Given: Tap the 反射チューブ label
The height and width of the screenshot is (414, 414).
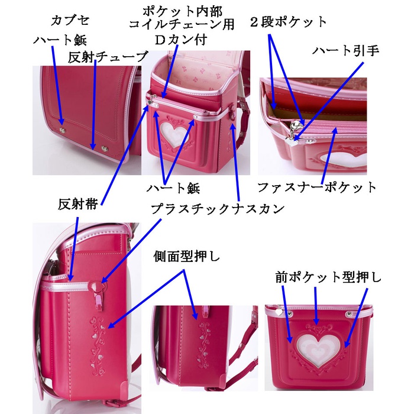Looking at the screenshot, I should click(107, 57).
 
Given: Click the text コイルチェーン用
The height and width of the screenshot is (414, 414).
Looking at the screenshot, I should click(182, 25).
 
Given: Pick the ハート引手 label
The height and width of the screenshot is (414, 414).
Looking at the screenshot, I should click(345, 51).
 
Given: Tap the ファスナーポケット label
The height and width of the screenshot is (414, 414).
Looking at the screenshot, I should click(316, 187).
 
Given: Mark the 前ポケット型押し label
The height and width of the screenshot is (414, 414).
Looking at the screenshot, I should click(329, 277).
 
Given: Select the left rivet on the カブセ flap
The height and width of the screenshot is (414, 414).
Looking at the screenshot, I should click(62, 127).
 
